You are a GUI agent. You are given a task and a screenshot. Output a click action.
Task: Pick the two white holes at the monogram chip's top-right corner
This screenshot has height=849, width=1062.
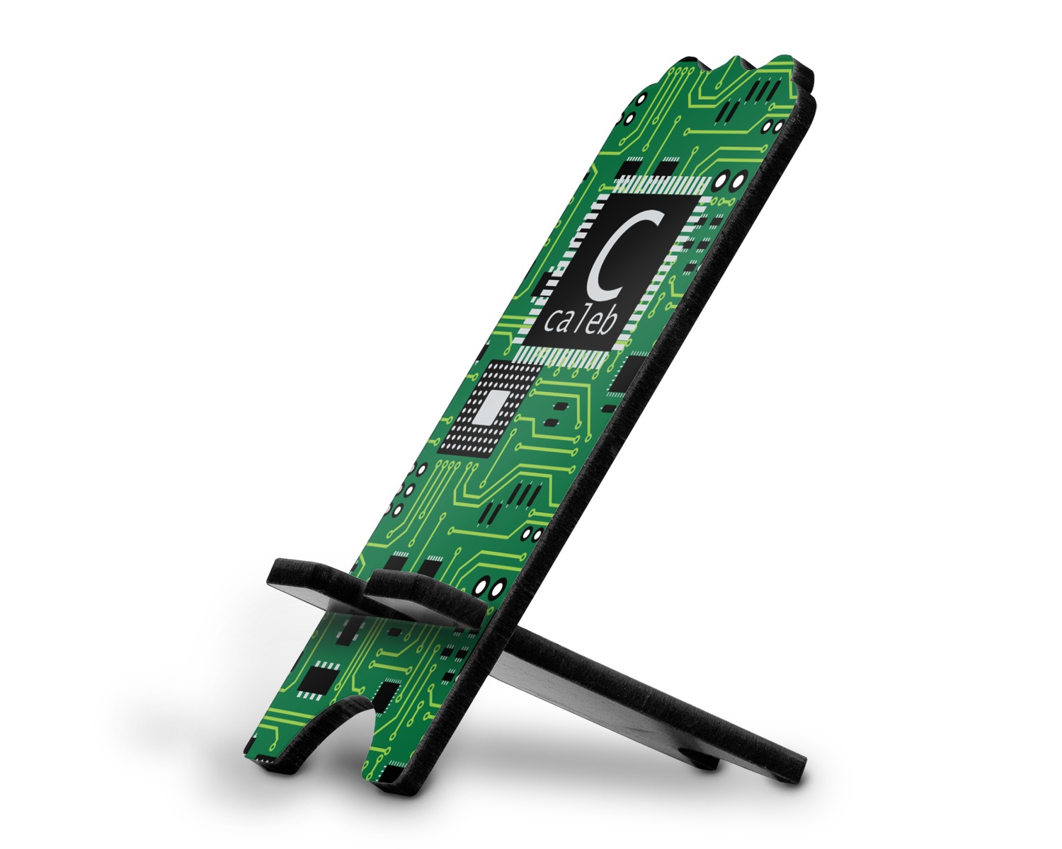[730, 180]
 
